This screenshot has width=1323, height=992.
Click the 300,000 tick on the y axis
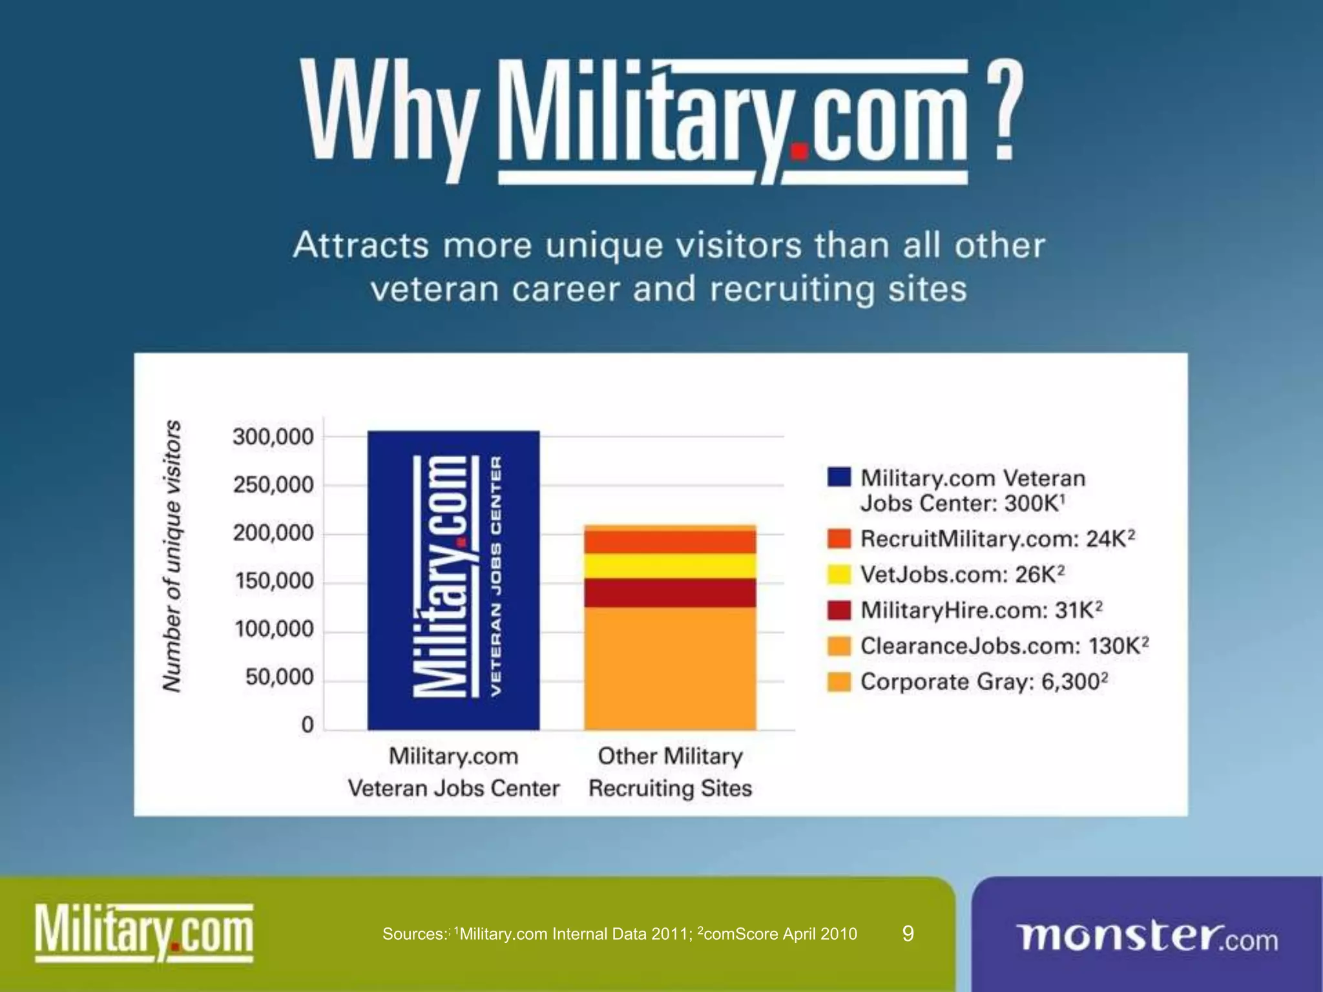(x=273, y=437)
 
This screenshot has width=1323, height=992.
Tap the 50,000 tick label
(x=279, y=677)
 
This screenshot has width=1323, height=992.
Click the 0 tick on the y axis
(x=307, y=725)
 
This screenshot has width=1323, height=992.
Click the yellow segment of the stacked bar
(x=670, y=566)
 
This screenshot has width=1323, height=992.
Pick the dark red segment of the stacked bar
(x=670, y=593)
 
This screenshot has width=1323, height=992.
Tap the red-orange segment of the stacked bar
(x=670, y=542)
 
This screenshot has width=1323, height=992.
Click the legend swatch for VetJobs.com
(x=839, y=574)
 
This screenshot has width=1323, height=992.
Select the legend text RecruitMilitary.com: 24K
(x=997, y=539)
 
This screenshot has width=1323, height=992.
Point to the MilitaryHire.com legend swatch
(x=839, y=610)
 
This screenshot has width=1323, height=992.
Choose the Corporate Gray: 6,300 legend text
(x=984, y=681)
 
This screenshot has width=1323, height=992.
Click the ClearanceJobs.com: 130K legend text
(x=1004, y=646)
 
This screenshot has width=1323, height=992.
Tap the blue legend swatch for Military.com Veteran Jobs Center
(x=839, y=477)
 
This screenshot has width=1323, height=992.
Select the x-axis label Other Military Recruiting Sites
(x=670, y=772)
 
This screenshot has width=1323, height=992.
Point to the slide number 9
(x=908, y=933)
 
